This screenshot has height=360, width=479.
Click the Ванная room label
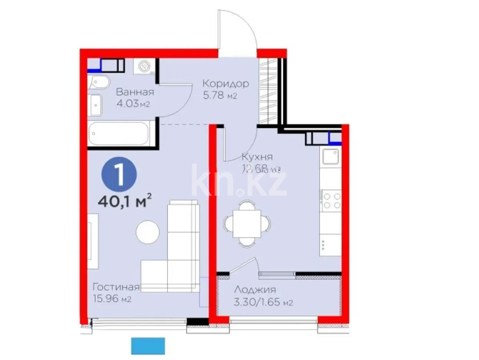[x=135, y=92]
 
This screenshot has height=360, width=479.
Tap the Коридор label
[x=225, y=84]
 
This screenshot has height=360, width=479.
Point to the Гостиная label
[x=116, y=287]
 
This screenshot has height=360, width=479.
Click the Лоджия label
[x=255, y=290]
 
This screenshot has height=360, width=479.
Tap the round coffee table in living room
[x=147, y=232]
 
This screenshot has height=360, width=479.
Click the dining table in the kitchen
[x=247, y=223]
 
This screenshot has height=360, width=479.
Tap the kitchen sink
[x=331, y=157]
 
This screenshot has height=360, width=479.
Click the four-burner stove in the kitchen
[x=332, y=201]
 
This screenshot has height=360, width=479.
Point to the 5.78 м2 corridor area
[x=220, y=96]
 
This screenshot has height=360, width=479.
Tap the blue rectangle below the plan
[x=148, y=346]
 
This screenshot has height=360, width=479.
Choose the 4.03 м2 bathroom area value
[x=132, y=104]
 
